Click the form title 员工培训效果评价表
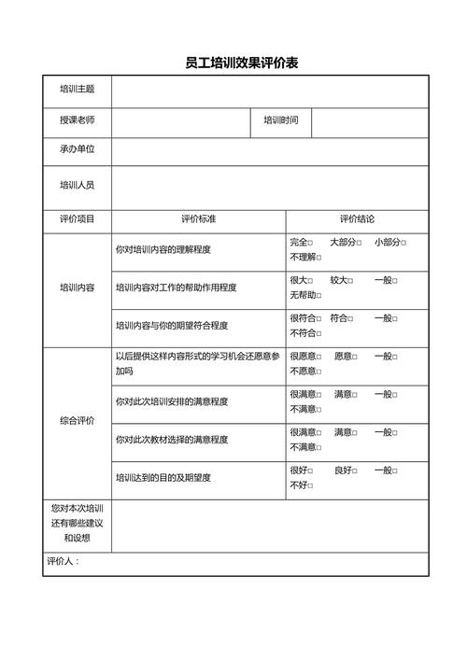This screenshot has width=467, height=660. [241, 63]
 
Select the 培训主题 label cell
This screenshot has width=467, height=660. [77, 91]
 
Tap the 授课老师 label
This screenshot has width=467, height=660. [77, 120]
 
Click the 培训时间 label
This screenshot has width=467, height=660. [280, 120]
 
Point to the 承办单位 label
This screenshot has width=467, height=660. [77, 149]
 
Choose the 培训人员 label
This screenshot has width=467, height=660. [77, 185]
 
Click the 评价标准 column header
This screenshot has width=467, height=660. [198, 219]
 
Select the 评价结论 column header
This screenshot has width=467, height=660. [357, 219]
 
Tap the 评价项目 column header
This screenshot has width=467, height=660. [77, 219]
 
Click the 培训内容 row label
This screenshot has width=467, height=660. [77, 288]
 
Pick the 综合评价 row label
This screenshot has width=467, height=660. [77, 421]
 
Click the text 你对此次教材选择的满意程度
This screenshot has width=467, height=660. [172, 440]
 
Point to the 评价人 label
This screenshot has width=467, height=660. [64, 562]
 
